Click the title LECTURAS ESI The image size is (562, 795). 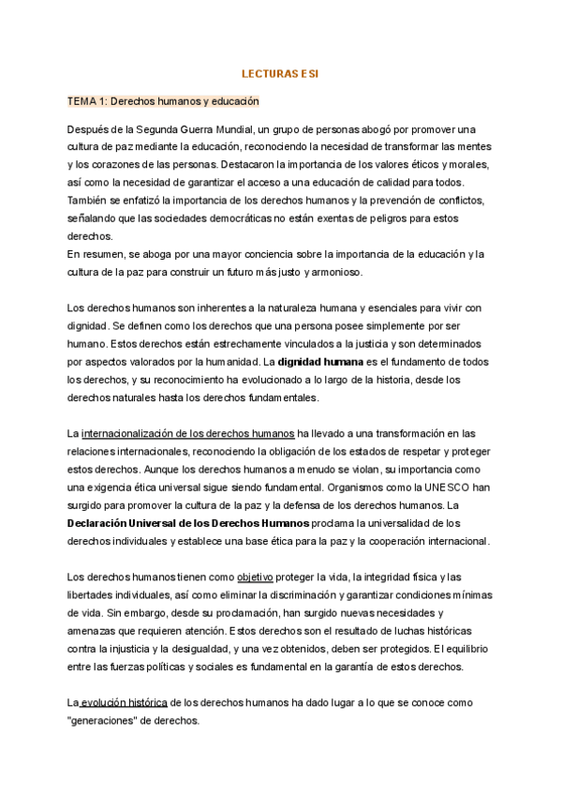280,72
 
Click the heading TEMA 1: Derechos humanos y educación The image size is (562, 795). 163,100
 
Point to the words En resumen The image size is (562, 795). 100,254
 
